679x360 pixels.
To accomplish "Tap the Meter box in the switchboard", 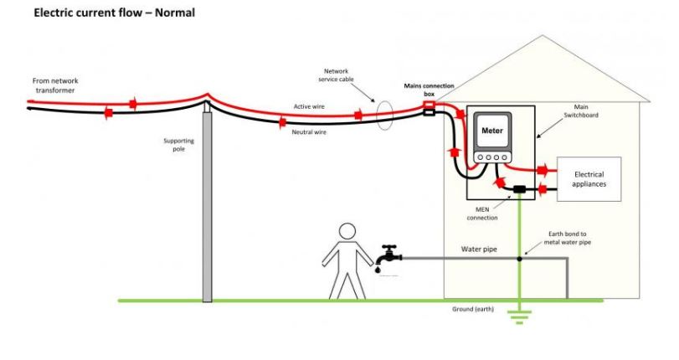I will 491,131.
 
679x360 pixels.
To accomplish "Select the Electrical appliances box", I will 589,178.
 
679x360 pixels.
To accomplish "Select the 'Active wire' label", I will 309,107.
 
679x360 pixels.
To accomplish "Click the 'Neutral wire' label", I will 310,132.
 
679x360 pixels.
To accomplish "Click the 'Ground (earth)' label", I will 472,309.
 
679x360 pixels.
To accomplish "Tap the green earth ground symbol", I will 520,315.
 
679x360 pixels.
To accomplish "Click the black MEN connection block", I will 520,190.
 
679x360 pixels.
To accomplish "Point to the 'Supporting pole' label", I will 178,146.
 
